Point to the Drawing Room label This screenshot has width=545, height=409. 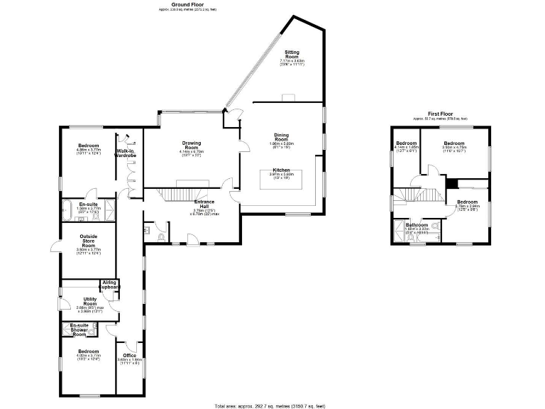192,143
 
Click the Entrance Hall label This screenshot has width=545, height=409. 205,203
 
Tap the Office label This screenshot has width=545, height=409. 129,356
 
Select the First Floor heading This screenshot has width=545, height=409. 441,114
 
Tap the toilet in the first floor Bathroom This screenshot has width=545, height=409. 434,226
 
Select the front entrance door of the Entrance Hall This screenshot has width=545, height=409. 192,245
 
